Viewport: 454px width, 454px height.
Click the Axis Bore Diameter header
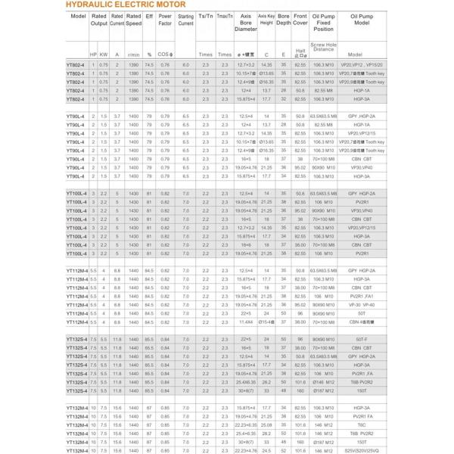click(245, 26)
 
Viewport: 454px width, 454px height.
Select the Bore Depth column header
click(283, 20)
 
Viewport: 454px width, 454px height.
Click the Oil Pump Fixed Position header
click(323, 26)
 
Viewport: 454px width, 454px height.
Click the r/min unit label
click(133, 55)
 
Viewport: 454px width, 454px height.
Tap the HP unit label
click(93, 55)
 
